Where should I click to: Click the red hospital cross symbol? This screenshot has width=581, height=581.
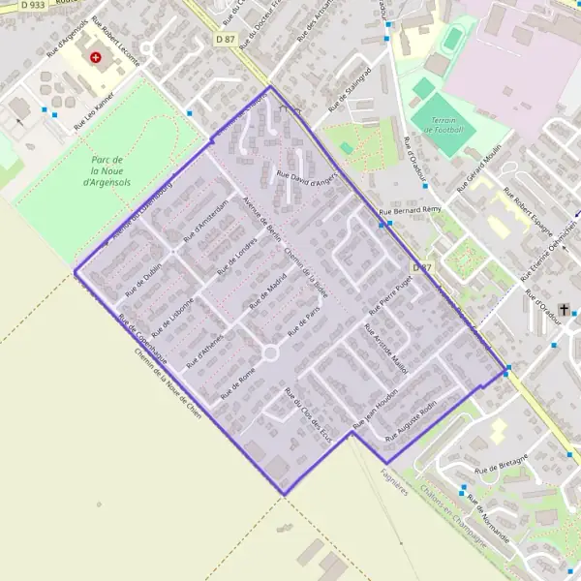tap(96, 57)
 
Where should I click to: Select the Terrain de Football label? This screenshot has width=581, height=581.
tap(443, 125)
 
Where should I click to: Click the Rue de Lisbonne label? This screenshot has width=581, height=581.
tap(175, 312)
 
